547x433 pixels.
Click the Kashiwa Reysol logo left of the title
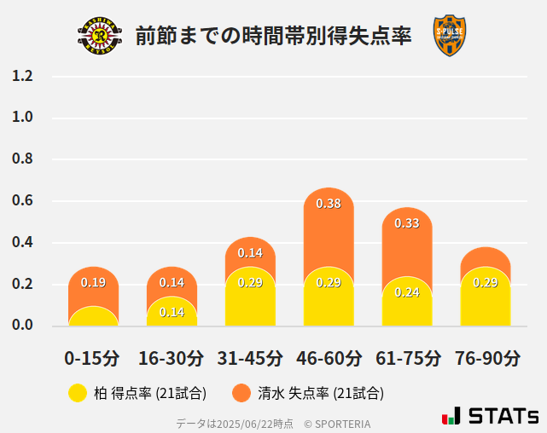(100, 36)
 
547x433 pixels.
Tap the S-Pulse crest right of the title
(450, 36)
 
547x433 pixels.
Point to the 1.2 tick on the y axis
(22, 76)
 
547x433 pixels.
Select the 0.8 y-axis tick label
(22, 159)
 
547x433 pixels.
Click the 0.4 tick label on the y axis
(22, 243)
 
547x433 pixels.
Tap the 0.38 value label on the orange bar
(329, 204)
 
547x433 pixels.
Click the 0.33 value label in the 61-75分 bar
(407, 223)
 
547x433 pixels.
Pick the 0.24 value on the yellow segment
(407, 292)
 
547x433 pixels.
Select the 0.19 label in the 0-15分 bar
(93, 283)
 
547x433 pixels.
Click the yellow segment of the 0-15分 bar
(93, 316)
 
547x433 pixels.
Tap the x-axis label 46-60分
(329, 357)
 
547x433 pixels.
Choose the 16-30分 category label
(172, 357)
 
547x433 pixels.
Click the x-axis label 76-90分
(486, 357)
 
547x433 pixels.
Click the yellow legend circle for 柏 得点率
(78, 393)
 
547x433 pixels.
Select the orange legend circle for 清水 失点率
(241, 393)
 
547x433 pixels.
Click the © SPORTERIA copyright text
(337, 423)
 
